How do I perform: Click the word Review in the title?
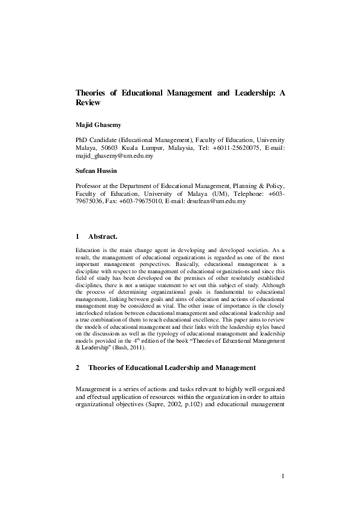[x=88, y=103]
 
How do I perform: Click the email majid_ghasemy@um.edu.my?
[x=114, y=156]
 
